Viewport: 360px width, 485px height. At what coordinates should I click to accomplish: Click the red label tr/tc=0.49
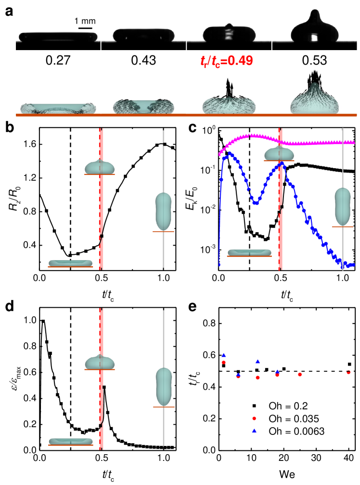point(226,61)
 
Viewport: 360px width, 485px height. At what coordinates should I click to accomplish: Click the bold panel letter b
point(9,128)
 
